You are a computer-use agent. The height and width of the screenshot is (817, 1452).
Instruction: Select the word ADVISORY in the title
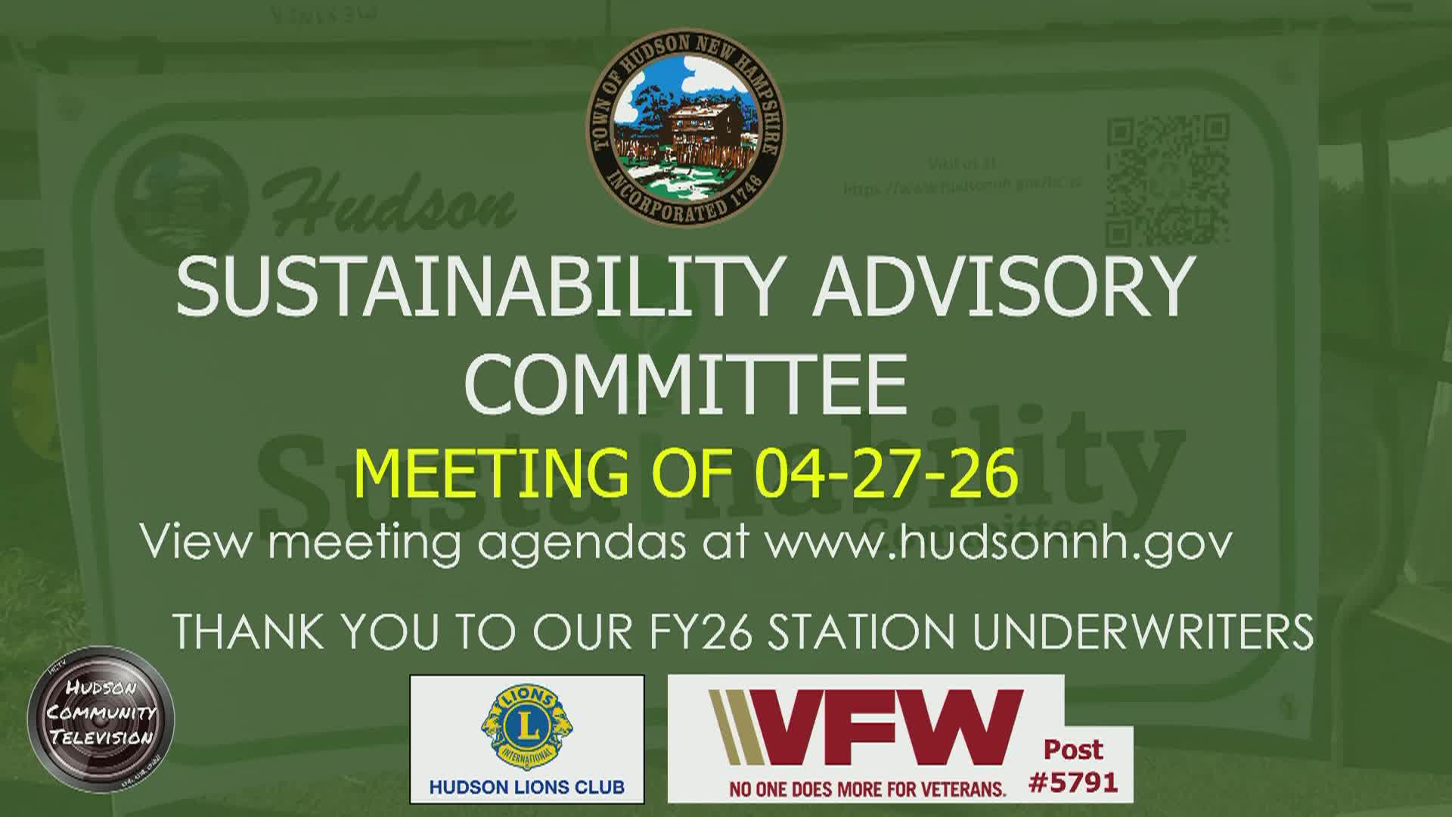(x=1003, y=287)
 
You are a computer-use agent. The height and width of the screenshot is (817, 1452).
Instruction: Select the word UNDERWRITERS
(x=1143, y=632)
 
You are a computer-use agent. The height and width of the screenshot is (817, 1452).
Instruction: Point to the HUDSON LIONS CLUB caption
(x=527, y=787)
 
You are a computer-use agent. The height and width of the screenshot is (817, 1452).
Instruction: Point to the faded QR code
(x=1168, y=180)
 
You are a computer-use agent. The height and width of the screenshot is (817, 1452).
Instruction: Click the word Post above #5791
(x=1073, y=750)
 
